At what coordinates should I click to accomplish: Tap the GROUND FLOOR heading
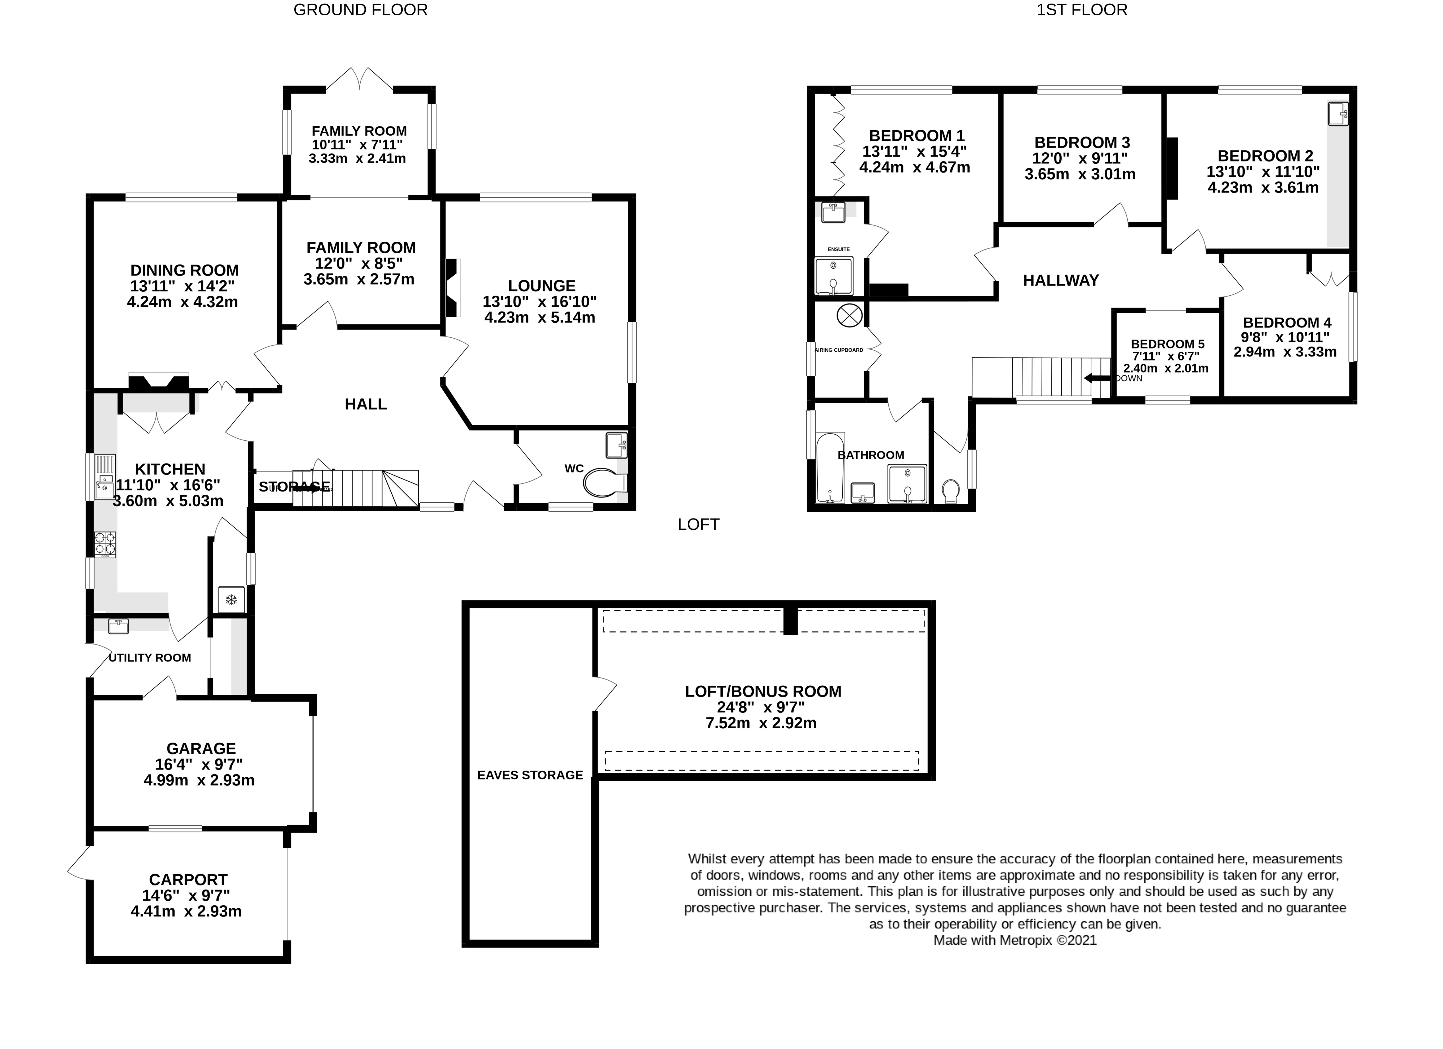pos(360,10)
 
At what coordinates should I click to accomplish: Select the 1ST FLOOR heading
pos(1082,10)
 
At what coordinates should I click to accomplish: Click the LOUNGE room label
pos(541,286)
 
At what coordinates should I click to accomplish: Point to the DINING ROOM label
pos(185,270)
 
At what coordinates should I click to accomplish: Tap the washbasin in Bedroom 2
pos(1338,114)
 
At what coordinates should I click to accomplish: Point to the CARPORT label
pos(188,880)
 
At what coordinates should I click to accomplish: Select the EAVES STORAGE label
pos(530,775)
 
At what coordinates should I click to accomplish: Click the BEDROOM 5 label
pos(1167,344)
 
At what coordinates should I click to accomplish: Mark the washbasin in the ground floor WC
pos(616,444)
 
